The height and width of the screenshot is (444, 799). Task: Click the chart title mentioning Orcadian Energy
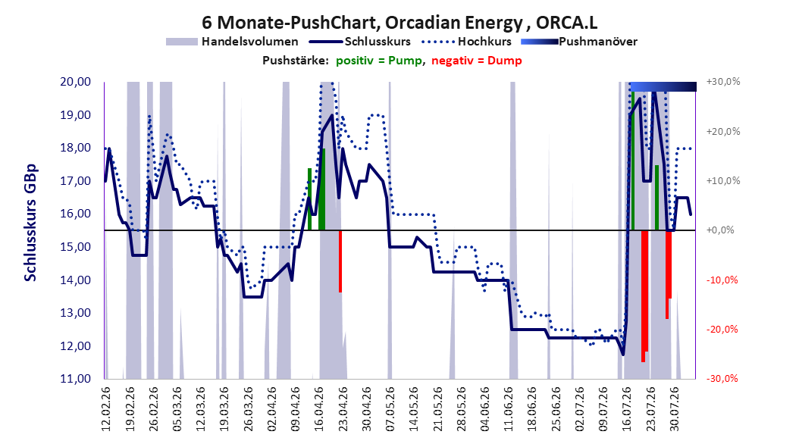[399, 23]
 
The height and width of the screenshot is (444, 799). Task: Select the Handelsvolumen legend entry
[232, 42]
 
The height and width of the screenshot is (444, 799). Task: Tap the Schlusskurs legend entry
[360, 42]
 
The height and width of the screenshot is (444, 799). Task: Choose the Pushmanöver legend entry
[579, 42]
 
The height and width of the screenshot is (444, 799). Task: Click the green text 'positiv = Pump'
[379, 61]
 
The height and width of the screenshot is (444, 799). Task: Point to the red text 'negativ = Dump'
[477, 61]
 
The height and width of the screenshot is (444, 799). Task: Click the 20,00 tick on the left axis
[75, 82]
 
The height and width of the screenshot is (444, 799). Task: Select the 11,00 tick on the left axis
[75, 379]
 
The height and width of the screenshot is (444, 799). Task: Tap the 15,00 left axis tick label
[75, 247]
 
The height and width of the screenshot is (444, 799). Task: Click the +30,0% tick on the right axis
[723, 82]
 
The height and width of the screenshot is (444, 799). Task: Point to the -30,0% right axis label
[722, 378]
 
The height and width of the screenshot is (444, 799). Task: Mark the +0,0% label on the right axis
[720, 230]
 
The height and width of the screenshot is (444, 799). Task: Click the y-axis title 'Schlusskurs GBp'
[30, 223]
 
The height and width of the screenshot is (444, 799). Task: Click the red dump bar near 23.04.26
[340, 261]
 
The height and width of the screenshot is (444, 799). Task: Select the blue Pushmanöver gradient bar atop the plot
[663, 86]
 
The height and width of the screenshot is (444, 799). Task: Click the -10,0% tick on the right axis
[722, 280]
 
